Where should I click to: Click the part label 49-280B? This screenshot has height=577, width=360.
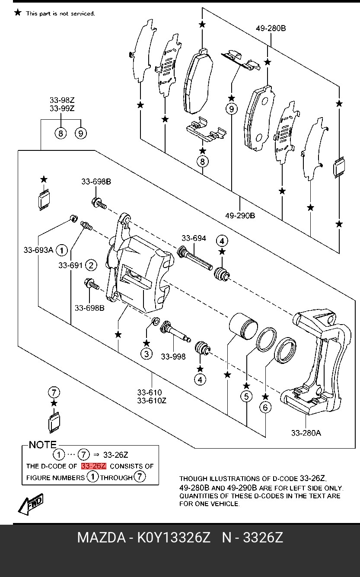(271, 28)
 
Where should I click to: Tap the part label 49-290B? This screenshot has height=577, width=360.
(240, 215)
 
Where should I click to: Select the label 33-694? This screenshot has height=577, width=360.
(194, 238)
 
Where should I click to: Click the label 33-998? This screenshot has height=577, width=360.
(173, 357)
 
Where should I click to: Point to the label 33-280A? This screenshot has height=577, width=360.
(306, 433)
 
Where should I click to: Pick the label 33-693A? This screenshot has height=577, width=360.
(38, 250)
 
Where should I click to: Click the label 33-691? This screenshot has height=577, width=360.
(70, 265)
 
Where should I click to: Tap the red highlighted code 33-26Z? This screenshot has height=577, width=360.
(93, 466)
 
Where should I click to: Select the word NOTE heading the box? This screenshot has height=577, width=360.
(42, 445)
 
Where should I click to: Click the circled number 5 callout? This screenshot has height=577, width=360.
(246, 396)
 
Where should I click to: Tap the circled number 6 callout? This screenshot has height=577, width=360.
(265, 407)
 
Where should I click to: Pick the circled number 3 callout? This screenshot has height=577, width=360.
(146, 354)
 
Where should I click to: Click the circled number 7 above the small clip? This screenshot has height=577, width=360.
(54, 392)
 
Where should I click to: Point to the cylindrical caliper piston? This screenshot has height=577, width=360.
(243, 325)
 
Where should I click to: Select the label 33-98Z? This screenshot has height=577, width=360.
(62, 100)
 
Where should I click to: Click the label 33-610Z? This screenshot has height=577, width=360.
(152, 401)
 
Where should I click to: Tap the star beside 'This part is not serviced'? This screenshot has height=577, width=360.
(18, 12)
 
